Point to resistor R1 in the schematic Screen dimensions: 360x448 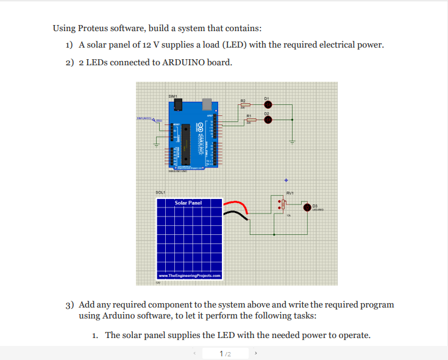coord(250,120)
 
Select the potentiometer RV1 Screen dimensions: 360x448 coord(282,206)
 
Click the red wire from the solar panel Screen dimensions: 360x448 coord(236,204)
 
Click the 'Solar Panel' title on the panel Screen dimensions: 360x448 coord(188,203)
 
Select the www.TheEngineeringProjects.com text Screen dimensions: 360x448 coord(189,276)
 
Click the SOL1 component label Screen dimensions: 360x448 coord(160,193)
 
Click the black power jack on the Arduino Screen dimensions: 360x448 coord(177,106)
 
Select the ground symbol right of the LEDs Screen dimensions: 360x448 coord(291,142)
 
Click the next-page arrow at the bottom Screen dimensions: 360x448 coord(256,353)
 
